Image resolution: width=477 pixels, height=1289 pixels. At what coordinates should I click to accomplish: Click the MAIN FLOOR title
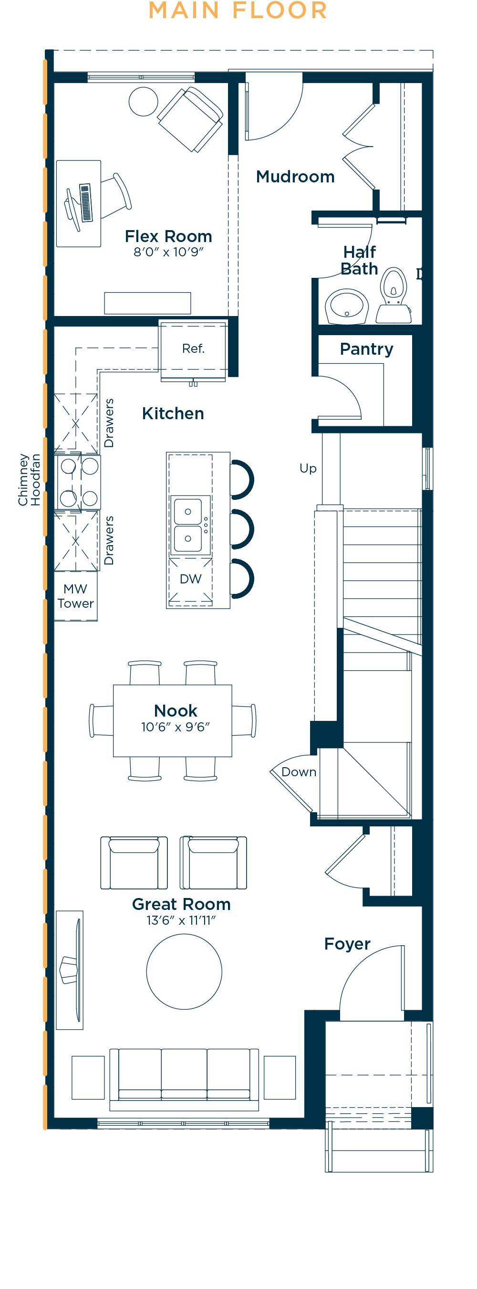(x=238, y=11)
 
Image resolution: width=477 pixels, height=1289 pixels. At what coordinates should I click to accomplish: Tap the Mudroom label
(x=295, y=177)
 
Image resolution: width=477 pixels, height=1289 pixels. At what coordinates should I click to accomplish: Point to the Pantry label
(x=366, y=349)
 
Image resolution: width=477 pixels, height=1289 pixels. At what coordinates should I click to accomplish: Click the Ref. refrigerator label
(x=193, y=349)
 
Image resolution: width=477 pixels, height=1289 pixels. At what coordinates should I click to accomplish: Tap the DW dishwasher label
(x=190, y=579)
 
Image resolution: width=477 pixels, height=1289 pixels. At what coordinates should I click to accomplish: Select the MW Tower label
(x=75, y=596)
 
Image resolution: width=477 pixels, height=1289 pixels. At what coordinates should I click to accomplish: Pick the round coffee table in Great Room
(x=184, y=971)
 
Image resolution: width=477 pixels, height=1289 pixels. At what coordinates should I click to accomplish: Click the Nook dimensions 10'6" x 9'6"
(x=176, y=727)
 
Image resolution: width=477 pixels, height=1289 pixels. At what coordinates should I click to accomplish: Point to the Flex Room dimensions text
(x=168, y=252)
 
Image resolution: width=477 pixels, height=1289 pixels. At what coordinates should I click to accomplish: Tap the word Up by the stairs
(x=308, y=469)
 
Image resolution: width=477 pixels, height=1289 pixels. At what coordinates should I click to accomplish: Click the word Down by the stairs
(x=299, y=771)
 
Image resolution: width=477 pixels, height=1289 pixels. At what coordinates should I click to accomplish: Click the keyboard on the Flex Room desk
(x=85, y=202)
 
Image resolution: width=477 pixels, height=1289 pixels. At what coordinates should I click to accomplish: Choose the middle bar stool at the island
(x=242, y=529)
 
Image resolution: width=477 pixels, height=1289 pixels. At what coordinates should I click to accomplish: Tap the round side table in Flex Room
(x=144, y=102)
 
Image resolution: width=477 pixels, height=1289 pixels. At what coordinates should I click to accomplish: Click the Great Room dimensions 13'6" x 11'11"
(x=181, y=920)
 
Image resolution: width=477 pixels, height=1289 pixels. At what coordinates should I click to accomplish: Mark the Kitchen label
(x=173, y=413)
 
